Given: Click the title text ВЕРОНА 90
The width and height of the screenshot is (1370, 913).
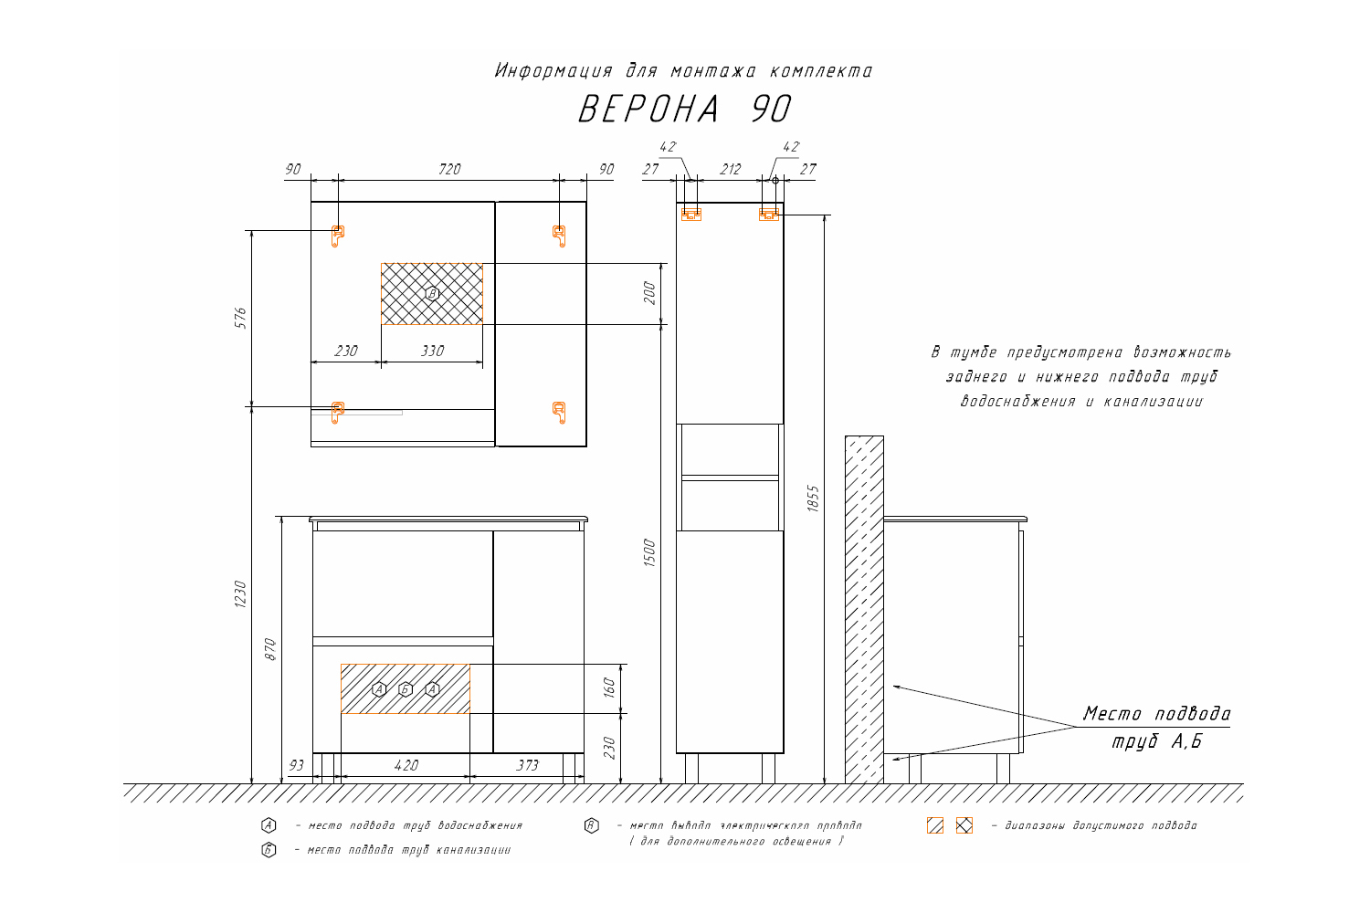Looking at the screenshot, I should [x=684, y=110].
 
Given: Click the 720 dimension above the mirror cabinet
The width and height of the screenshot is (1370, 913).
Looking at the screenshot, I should [x=449, y=169].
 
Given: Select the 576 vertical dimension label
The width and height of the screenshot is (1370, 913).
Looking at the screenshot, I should [x=240, y=318].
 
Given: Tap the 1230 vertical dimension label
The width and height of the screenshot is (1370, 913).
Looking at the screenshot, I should [x=240, y=594].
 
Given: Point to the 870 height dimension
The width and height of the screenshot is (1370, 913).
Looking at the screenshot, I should [x=269, y=649].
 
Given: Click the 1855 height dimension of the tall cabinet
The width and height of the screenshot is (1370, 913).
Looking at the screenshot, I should [x=813, y=498].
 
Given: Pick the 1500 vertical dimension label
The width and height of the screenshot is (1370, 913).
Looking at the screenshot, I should [x=649, y=552].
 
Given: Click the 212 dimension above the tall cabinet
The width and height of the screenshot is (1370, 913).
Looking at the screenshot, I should [x=730, y=169].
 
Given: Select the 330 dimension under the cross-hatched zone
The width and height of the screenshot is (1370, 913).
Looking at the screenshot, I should [x=432, y=351].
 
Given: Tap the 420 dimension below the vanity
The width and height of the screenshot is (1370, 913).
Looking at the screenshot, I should [x=406, y=765].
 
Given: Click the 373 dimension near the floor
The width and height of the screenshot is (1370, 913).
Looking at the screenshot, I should [x=527, y=765].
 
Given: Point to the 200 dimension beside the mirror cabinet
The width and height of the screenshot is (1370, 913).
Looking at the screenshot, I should [x=649, y=293].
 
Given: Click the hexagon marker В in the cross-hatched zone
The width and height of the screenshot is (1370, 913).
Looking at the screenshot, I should [x=433, y=293].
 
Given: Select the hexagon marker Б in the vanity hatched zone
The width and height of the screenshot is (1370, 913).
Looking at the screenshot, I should [x=406, y=689].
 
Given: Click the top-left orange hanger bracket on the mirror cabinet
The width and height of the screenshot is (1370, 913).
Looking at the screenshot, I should [x=337, y=236].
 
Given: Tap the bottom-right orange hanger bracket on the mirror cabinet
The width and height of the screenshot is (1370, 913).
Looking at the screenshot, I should [x=559, y=412].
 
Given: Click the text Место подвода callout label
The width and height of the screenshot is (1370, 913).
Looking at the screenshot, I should [x=1156, y=714].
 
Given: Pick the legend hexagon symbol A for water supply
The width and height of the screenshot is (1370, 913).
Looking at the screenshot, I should [x=268, y=825].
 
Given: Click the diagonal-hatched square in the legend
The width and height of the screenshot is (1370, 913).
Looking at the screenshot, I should [x=934, y=825].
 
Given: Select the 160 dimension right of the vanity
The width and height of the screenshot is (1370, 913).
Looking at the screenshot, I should [x=610, y=687].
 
